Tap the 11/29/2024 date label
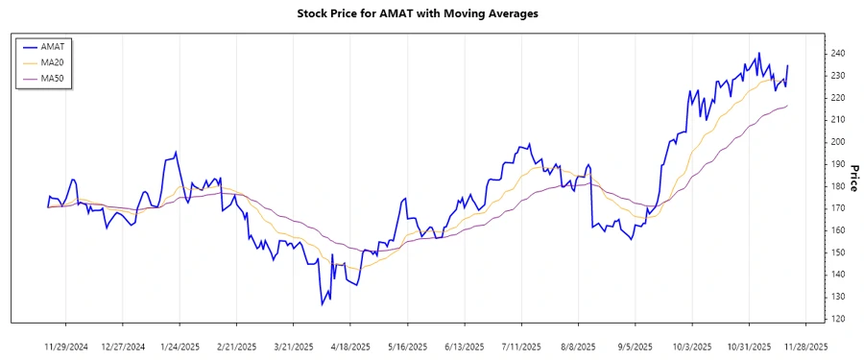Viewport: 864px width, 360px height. tap(66, 347)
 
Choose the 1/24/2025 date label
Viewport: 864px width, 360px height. tap(180, 347)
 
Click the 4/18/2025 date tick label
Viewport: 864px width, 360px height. tap(350, 347)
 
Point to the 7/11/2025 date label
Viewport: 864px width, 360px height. tap(521, 347)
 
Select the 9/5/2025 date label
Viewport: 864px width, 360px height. tap(635, 347)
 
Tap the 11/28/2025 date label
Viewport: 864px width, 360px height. tap(805, 347)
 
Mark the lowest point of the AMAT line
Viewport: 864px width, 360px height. tap(323, 305)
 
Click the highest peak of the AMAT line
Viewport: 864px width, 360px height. tap(759, 53)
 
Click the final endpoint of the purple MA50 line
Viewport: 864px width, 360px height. tap(787, 106)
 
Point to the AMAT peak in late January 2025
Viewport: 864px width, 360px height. tap(176, 152)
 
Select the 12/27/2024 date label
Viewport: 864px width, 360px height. tap(123, 347)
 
